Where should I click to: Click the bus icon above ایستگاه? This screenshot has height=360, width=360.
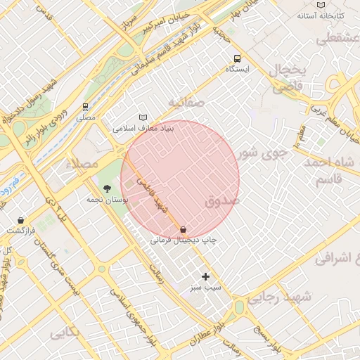[x=237, y=58]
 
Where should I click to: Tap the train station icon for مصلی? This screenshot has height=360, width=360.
[x=85, y=108]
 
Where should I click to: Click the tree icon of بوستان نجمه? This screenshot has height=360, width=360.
[x=107, y=188]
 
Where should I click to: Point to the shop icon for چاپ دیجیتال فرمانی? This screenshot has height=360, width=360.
[x=183, y=229]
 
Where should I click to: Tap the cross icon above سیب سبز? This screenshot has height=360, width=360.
[x=205, y=276]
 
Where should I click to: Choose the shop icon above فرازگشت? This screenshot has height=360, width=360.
[x=20, y=220]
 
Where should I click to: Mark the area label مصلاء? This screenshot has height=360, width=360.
[x=82, y=163]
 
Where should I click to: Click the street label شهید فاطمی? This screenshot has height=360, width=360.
[x=153, y=196]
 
